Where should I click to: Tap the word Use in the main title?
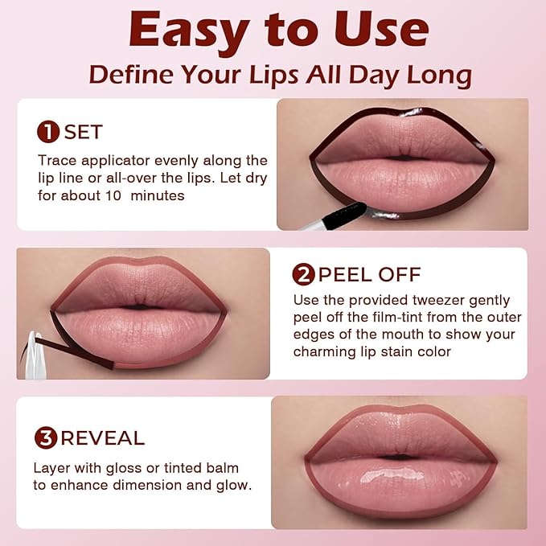[373, 31]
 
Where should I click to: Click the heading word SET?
[84, 132]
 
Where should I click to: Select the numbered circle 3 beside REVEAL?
[46, 438]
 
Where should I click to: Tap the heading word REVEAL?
[102, 438]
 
